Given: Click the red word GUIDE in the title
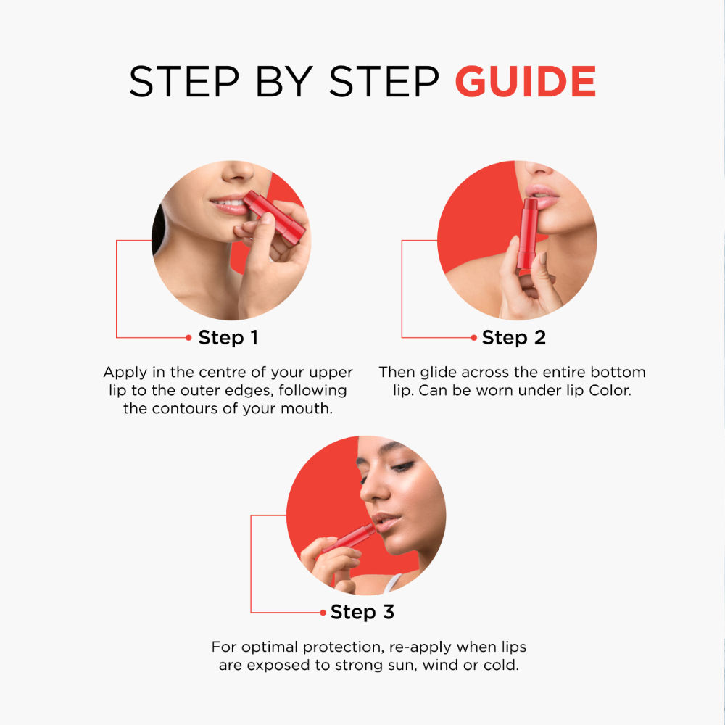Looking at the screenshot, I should pyautogui.click(x=526, y=81).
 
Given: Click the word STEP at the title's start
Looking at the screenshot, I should pyautogui.click(x=171, y=81).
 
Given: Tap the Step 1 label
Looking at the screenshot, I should pyautogui.click(x=228, y=337).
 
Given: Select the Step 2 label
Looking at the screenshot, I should pyautogui.click(x=514, y=337).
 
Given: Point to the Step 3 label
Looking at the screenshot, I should pyautogui.click(x=362, y=612).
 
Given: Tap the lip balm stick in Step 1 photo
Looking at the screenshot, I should pyautogui.click(x=275, y=216).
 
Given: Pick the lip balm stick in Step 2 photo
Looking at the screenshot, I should pyautogui.click(x=527, y=236).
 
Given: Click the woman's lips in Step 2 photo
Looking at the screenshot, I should pyautogui.click(x=539, y=196).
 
